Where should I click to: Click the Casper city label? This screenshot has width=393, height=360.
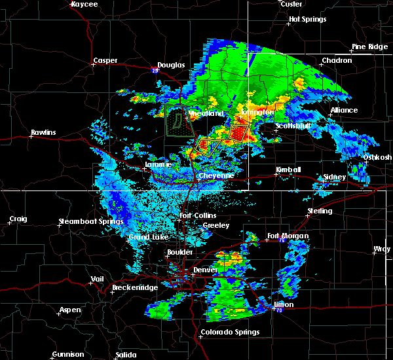click(x=105, y=61)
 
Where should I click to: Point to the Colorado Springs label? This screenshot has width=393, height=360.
click(x=229, y=332)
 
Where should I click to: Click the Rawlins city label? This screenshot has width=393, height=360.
click(x=43, y=133)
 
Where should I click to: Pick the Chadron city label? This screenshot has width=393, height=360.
click(x=337, y=61)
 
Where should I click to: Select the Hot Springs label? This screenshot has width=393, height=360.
click(x=307, y=20)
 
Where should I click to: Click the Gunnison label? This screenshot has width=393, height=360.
click(x=68, y=355)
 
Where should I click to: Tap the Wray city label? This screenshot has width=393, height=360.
click(x=381, y=249)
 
